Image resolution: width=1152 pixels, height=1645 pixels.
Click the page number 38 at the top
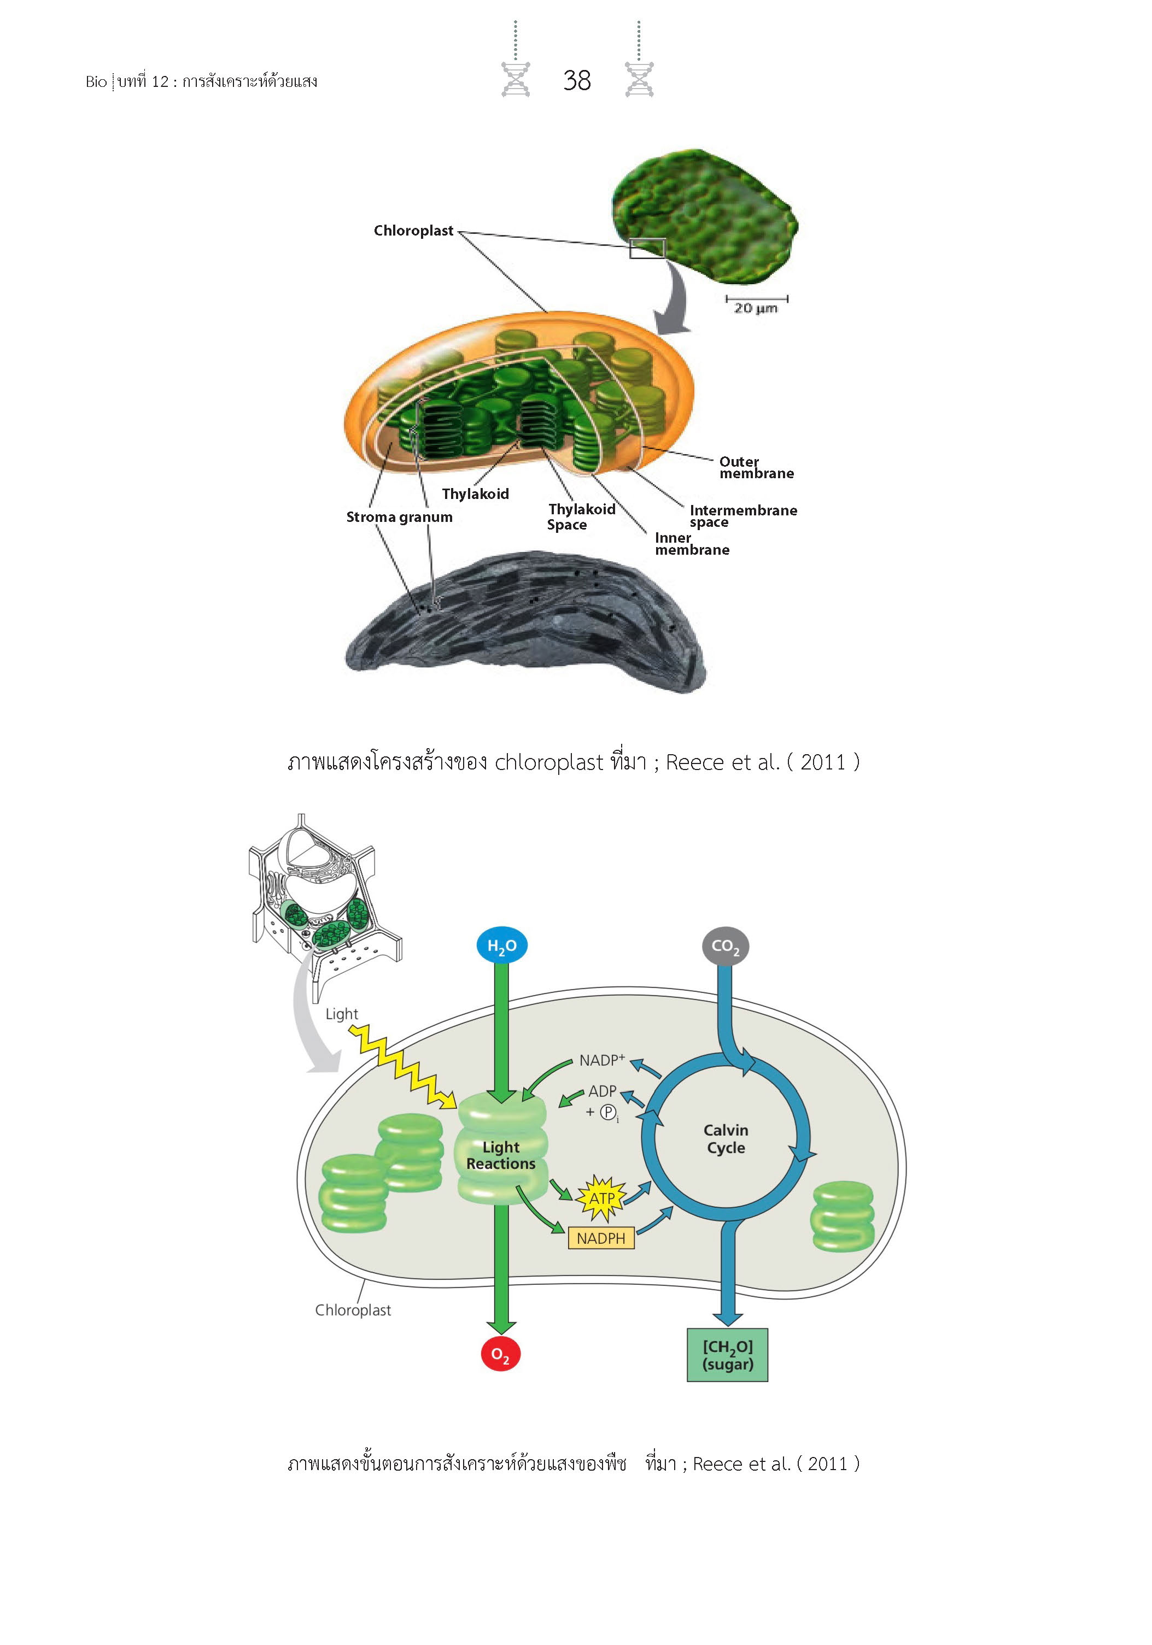(576, 80)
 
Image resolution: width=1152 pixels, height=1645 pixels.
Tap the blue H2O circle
(501, 945)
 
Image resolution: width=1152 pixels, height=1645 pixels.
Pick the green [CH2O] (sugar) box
(727, 1355)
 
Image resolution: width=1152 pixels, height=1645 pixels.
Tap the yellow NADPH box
(601, 1237)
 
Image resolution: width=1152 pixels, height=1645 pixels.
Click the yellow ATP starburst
(601, 1198)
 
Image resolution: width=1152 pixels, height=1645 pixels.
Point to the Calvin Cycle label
(726, 1138)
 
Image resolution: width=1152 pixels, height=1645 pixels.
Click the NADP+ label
(601, 1060)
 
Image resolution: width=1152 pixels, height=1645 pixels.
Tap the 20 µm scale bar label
(755, 308)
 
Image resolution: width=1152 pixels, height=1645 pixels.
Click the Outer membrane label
(756, 467)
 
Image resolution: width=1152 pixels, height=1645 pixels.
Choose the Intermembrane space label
(742, 516)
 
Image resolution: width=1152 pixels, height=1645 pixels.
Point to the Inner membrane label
(691, 544)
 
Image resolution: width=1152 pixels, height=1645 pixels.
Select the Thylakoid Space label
(581, 516)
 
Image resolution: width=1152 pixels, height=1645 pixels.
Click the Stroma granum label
(399, 516)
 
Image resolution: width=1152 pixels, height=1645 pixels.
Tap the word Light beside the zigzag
(341, 1014)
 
